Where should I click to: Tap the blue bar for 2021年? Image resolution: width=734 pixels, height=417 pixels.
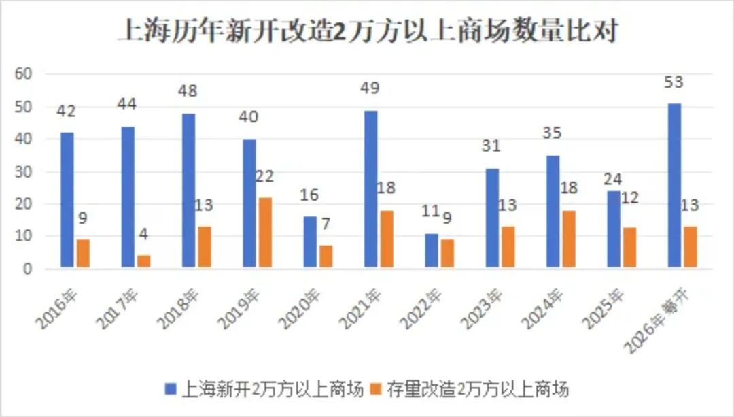[x=371, y=189]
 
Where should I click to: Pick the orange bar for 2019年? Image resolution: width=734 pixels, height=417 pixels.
[x=266, y=233]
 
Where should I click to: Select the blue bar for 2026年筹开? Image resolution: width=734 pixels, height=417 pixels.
[x=674, y=186]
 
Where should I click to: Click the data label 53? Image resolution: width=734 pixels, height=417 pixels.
[x=674, y=83]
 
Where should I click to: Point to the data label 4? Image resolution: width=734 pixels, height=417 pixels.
[x=144, y=235]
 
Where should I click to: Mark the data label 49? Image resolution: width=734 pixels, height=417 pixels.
[x=370, y=88]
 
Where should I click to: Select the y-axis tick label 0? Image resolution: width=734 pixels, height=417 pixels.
[x=29, y=269]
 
